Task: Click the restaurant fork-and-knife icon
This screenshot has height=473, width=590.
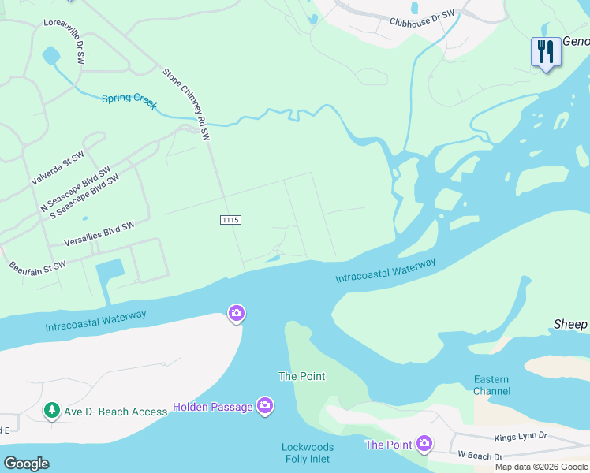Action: click(545, 52)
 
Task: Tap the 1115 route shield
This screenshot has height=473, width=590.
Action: click(230, 220)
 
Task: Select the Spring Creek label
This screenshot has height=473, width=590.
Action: click(129, 102)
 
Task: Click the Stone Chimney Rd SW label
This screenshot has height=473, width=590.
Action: click(187, 104)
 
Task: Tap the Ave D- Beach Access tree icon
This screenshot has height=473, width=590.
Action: click(51, 410)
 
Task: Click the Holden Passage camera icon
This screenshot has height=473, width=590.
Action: click(266, 406)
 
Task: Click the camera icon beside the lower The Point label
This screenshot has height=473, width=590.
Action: click(425, 444)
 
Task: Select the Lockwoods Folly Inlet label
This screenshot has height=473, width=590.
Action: click(308, 453)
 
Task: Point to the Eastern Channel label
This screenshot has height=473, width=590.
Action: click(491, 385)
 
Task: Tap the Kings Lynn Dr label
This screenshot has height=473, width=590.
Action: click(520, 436)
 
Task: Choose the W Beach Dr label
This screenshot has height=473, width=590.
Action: click(480, 456)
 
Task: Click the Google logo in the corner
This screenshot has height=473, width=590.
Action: click(26, 464)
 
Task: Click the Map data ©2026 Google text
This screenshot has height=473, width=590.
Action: click(541, 467)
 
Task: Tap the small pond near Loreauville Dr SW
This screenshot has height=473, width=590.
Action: click(50, 56)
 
